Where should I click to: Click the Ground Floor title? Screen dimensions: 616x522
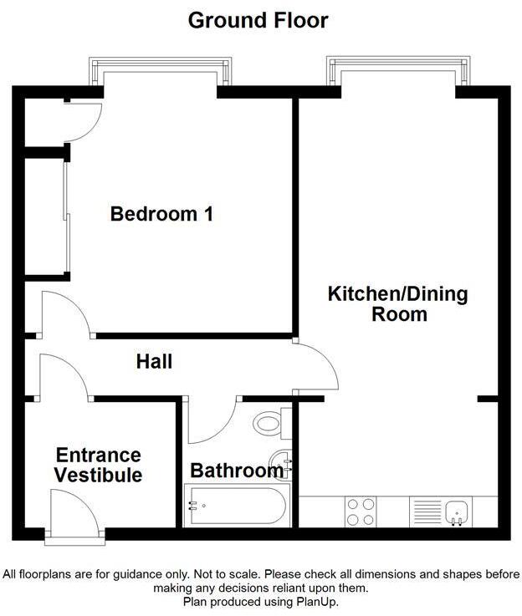(x=258, y=19)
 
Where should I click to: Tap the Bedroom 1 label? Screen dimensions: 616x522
(x=161, y=214)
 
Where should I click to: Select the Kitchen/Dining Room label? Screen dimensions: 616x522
(x=397, y=304)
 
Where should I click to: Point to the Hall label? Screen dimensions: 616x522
(x=155, y=362)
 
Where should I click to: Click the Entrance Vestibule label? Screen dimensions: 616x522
(x=98, y=466)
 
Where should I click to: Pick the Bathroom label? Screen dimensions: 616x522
(x=236, y=471)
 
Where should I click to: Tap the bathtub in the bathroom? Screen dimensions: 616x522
(x=236, y=505)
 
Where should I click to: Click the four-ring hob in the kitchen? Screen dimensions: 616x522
(x=361, y=512)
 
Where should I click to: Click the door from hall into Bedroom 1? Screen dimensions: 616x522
(x=65, y=313)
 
